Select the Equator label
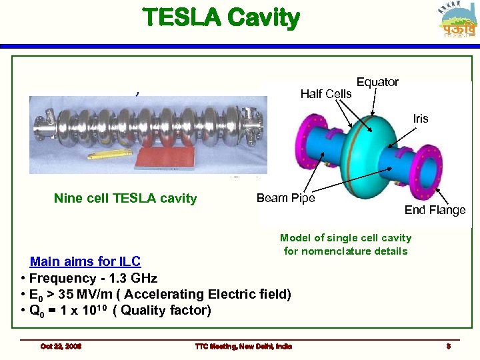377,82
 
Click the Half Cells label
326,94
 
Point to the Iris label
421,119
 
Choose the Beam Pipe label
285,198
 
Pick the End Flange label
435,210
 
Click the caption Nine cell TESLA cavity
125,198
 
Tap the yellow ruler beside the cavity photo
109,155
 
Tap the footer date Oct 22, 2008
61,346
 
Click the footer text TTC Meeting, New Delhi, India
243,346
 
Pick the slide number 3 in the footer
449,346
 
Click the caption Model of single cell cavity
345,238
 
